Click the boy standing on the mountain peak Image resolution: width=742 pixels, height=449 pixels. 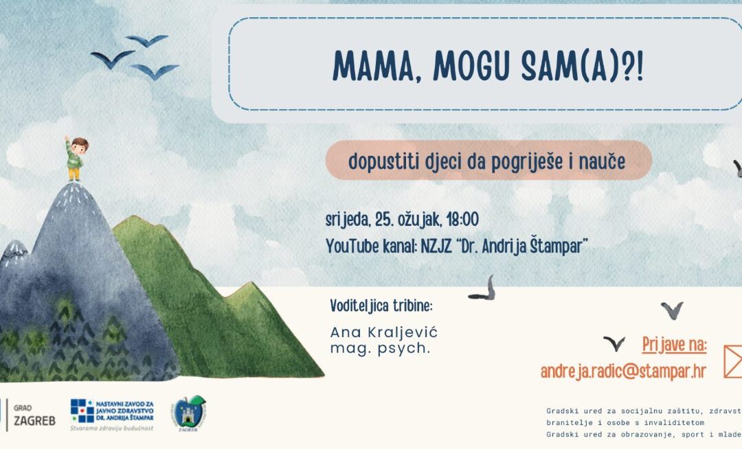coord(76,158)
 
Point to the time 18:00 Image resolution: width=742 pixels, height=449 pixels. coord(462,220)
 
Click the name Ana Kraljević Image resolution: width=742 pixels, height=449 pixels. coord(384,332)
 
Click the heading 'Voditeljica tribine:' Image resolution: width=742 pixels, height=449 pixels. coord(381,306)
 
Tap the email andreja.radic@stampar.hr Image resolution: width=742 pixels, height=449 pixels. coord(623,371)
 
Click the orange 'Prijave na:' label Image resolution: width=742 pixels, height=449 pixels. coord(675,344)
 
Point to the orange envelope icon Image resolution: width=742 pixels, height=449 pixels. coord(732,361)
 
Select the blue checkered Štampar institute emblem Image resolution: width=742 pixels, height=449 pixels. coord(82,411)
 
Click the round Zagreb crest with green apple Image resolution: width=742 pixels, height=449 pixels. coord(188,413)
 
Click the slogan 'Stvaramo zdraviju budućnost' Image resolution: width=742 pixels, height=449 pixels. coord(111,428)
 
